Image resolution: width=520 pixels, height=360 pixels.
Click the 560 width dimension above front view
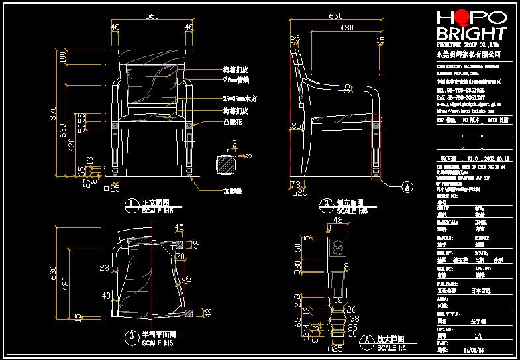152,15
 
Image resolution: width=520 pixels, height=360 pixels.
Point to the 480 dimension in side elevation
346,28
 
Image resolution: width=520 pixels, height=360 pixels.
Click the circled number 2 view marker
325,203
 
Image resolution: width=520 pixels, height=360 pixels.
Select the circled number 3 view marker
131,335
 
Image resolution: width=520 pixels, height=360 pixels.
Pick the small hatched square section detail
226,165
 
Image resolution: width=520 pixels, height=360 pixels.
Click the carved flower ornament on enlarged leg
338,248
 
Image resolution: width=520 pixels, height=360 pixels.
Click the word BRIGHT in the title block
471,34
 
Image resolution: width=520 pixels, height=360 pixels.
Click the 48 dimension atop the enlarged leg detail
338,220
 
